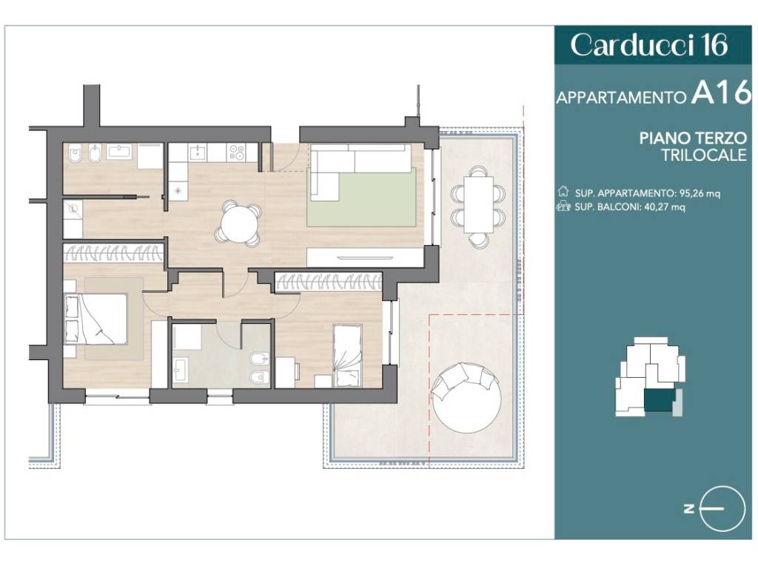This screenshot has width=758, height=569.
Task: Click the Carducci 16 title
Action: click(648, 45)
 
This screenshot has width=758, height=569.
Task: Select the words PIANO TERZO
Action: click(693, 138)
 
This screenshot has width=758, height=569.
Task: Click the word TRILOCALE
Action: click(705, 156)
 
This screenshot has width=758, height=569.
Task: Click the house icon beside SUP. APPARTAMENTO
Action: click(563, 192)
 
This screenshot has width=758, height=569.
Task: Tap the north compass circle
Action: click(722, 508)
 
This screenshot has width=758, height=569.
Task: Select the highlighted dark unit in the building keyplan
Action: click(660, 401)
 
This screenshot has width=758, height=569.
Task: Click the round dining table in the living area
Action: click(238, 224)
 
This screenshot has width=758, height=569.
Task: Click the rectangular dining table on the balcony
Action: click(479, 204)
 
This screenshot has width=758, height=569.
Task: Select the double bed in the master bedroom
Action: click(95, 319)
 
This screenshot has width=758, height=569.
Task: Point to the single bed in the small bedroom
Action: click(347, 356)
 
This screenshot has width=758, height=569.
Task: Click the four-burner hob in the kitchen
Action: click(236, 153)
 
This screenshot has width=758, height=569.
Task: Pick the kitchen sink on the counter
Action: click(198, 153)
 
